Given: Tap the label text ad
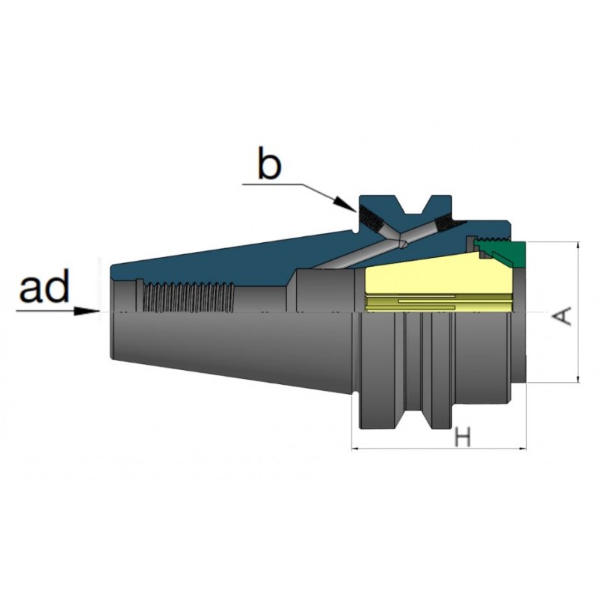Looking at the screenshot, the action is [x=44, y=286].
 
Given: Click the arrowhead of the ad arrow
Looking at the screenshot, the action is [x=86, y=311].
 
